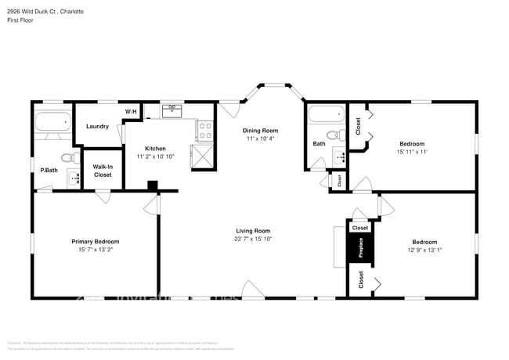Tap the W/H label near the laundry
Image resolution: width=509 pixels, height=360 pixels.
pyautogui.click(x=130, y=112)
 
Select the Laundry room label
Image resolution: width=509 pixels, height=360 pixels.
pyautogui.click(x=97, y=126)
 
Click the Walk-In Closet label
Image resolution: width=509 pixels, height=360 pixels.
pyautogui.click(x=103, y=171)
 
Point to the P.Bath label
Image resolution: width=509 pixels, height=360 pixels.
pyautogui.click(x=49, y=170)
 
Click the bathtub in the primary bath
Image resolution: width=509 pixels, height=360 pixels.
pyautogui.click(x=52, y=121)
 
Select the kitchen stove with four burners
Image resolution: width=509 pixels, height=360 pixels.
pyautogui.click(x=204, y=131)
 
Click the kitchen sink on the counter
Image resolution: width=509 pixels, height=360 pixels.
pyautogui.click(x=172, y=111)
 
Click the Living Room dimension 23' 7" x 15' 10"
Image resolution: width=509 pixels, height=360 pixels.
pyautogui.click(x=253, y=239)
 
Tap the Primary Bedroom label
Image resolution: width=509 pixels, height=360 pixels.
pyautogui.click(x=96, y=242)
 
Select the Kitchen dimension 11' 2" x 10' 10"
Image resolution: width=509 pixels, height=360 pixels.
pyautogui.click(x=157, y=157)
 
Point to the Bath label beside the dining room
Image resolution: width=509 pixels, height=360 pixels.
pyautogui.click(x=319, y=143)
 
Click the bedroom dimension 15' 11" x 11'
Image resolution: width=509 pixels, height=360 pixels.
pyautogui.click(x=412, y=153)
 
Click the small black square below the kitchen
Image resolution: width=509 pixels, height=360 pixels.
pyautogui.click(x=153, y=186)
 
